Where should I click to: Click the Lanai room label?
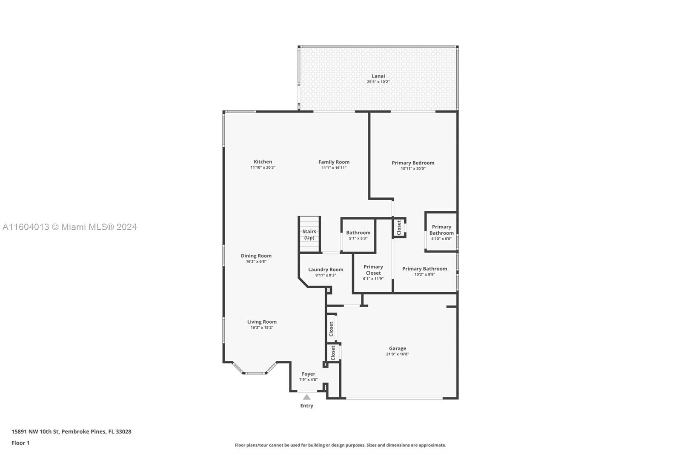click(378, 76)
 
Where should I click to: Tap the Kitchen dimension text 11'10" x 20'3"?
click(263, 167)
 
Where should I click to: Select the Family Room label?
click(334, 162)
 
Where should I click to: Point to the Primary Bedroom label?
click(413, 163)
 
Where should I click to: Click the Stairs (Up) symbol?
click(309, 234)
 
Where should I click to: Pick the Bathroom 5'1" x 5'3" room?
click(358, 236)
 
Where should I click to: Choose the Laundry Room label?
click(326, 270)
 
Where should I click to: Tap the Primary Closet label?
click(373, 270)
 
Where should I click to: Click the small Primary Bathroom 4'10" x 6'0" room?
click(441, 232)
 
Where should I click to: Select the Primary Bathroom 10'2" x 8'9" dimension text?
click(425, 274)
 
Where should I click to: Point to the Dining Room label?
click(256, 256)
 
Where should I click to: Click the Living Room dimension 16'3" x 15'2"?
click(262, 328)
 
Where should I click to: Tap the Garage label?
click(398, 348)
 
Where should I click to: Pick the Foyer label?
click(308, 374)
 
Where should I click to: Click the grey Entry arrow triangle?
click(307, 397)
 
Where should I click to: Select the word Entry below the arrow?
click(307, 405)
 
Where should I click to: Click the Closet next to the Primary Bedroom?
click(399, 227)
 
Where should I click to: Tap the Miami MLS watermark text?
click(70, 227)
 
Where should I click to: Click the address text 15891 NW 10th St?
click(35, 431)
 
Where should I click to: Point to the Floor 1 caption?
click(21, 443)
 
